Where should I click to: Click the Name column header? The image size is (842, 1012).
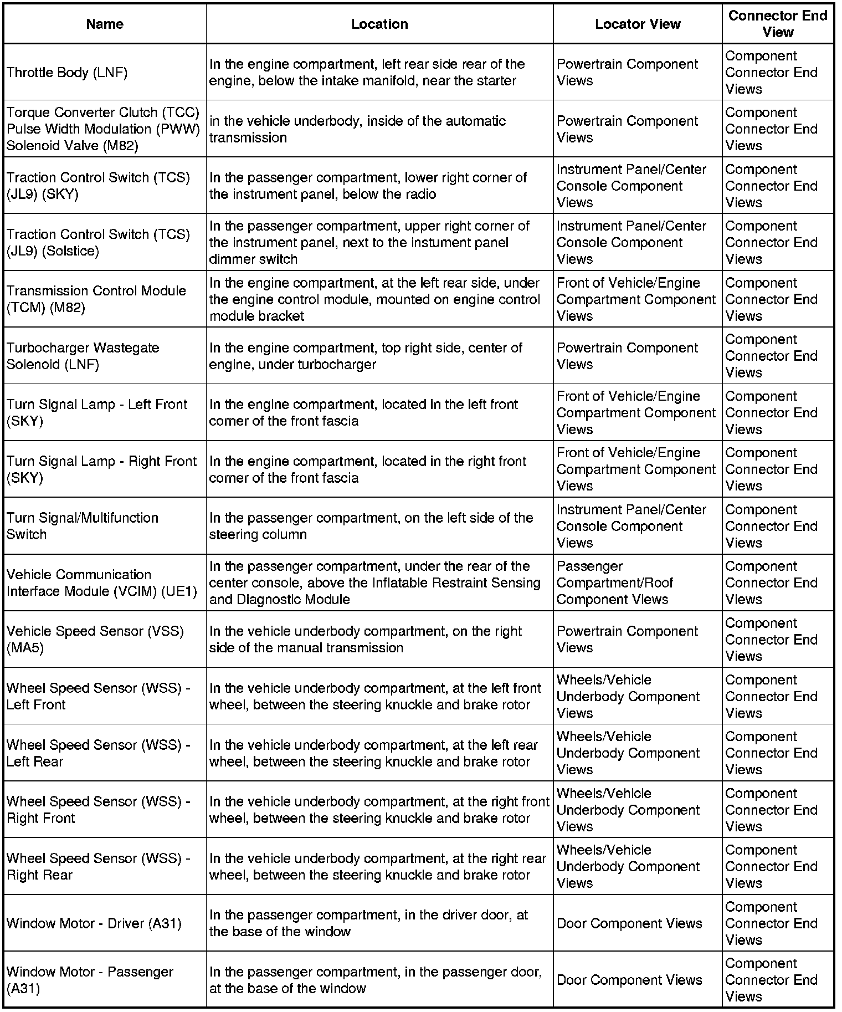[x=105, y=24]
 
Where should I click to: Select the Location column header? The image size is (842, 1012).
[x=379, y=24]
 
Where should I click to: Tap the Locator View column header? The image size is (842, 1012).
[x=638, y=24]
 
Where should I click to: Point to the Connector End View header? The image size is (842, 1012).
[x=778, y=24]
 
